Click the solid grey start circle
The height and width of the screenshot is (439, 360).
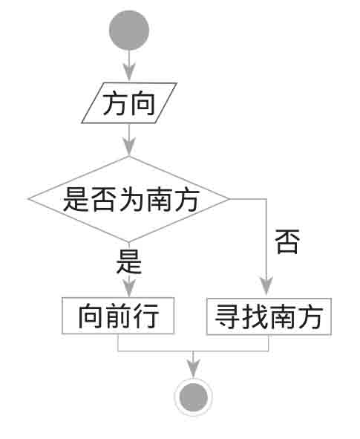129,30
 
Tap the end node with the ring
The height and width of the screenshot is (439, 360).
194,397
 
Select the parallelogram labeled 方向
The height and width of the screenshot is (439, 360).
129,103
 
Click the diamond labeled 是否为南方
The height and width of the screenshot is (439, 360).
129,199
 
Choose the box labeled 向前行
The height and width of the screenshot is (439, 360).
118,316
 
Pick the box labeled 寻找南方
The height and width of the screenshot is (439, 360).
269,316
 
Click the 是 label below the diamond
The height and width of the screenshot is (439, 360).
129,261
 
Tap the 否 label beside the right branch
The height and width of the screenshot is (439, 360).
287,241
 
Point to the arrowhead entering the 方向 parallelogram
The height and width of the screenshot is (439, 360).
129,72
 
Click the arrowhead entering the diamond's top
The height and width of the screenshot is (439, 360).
129,146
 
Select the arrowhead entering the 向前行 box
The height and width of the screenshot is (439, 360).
129,288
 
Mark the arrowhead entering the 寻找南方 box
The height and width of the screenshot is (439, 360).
266,286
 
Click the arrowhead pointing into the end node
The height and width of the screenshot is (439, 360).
193,368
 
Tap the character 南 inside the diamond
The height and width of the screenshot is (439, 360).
160,199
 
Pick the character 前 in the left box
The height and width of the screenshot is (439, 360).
118,316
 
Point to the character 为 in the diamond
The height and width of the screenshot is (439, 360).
132,199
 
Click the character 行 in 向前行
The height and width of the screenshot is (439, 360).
145,316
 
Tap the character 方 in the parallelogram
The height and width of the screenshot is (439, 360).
115,103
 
